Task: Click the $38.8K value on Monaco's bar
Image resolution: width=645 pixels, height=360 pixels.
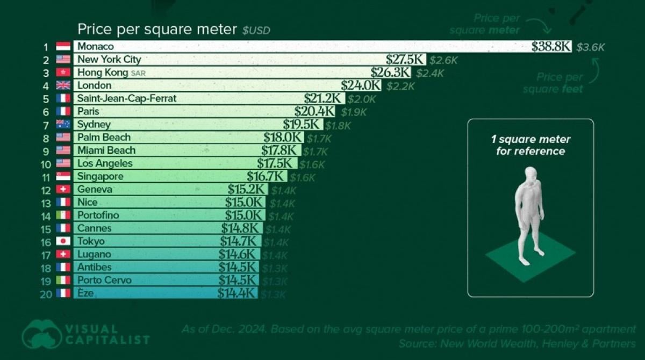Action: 551,47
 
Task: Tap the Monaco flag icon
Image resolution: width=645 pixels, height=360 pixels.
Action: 63,47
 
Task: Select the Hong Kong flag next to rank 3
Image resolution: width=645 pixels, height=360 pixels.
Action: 63,73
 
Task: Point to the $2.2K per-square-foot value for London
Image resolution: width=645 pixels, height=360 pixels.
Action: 400,86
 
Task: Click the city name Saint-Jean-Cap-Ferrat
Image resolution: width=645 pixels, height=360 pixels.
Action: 127,98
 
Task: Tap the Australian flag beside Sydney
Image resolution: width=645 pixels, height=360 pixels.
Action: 63,125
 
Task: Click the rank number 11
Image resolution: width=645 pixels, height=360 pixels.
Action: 46,177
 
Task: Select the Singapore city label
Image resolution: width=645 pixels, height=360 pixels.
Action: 100,177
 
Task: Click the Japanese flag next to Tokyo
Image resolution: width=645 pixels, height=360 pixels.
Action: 63,241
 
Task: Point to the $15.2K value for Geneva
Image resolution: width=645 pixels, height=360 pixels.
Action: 246,190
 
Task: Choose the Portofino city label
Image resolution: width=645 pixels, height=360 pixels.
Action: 98,215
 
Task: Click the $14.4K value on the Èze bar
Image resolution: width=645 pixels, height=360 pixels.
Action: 237,293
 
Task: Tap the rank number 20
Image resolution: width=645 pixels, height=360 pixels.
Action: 46,293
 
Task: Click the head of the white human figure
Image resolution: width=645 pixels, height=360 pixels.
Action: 531,174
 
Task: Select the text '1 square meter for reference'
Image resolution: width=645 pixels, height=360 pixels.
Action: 531,146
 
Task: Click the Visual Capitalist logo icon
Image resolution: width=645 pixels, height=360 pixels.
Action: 42,334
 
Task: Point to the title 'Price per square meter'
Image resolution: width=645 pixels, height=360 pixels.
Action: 157,29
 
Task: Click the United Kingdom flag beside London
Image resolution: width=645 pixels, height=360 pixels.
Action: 63,85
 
